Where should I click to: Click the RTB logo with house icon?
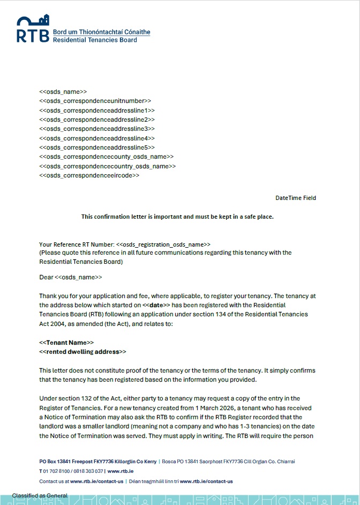[33, 29]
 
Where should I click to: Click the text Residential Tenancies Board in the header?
[95, 40]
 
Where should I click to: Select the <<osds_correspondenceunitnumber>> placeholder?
[95, 101]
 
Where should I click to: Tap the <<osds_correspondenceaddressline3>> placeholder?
[97, 129]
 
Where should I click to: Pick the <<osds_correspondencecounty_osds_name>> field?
[107, 157]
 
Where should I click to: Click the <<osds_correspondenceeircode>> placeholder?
[89, 175]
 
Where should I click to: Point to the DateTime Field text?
[296, 198]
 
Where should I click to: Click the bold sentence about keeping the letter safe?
[177, 217]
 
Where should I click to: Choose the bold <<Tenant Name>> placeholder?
[66, 343]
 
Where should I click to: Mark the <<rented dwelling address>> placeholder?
[83, 352]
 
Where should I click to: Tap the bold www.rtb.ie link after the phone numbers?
[121, 471]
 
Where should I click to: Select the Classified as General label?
[40, 495]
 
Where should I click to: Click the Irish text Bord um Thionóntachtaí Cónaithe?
[102, 32]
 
